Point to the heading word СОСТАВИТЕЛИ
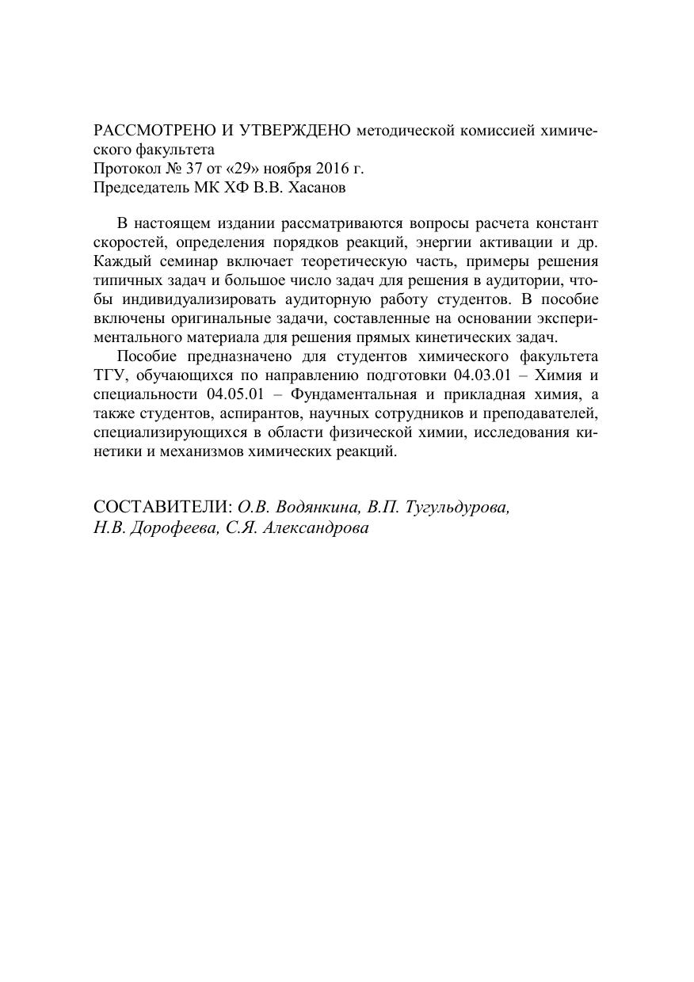(x=162, y=507)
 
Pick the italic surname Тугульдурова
(x=458, y=507)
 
